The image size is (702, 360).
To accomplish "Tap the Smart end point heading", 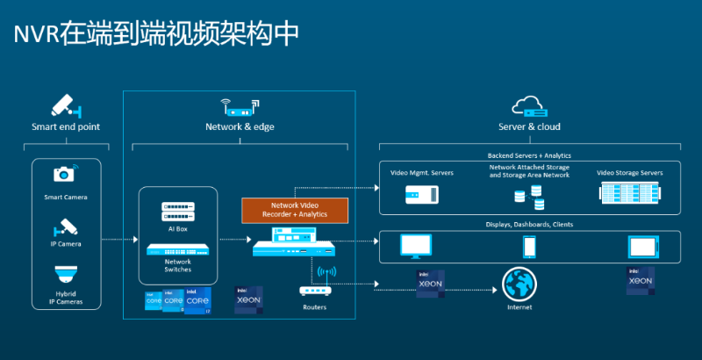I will (x=66, y=127).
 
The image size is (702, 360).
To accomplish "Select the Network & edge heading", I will (x=240, y=127).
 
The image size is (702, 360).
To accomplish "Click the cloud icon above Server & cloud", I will (x=530, y=107).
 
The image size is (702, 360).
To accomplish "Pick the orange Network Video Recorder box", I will (x=296, y=209).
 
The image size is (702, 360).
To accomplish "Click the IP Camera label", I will (x=66, y=243).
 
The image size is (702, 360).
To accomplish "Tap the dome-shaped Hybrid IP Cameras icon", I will (x=66, y=275).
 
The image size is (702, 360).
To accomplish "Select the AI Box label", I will (x=177, y=229).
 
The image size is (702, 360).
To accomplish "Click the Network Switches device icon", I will (x=177, y=248).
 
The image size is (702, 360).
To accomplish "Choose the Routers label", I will (x=314, y=307).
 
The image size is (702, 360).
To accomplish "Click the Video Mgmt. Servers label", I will (x=422, y=173).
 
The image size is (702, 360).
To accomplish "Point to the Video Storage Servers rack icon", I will (x=629, y=196).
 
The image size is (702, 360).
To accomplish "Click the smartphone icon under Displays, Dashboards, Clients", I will (x=529, y=246).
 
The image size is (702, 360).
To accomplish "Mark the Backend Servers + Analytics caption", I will (x=529, y=155).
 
